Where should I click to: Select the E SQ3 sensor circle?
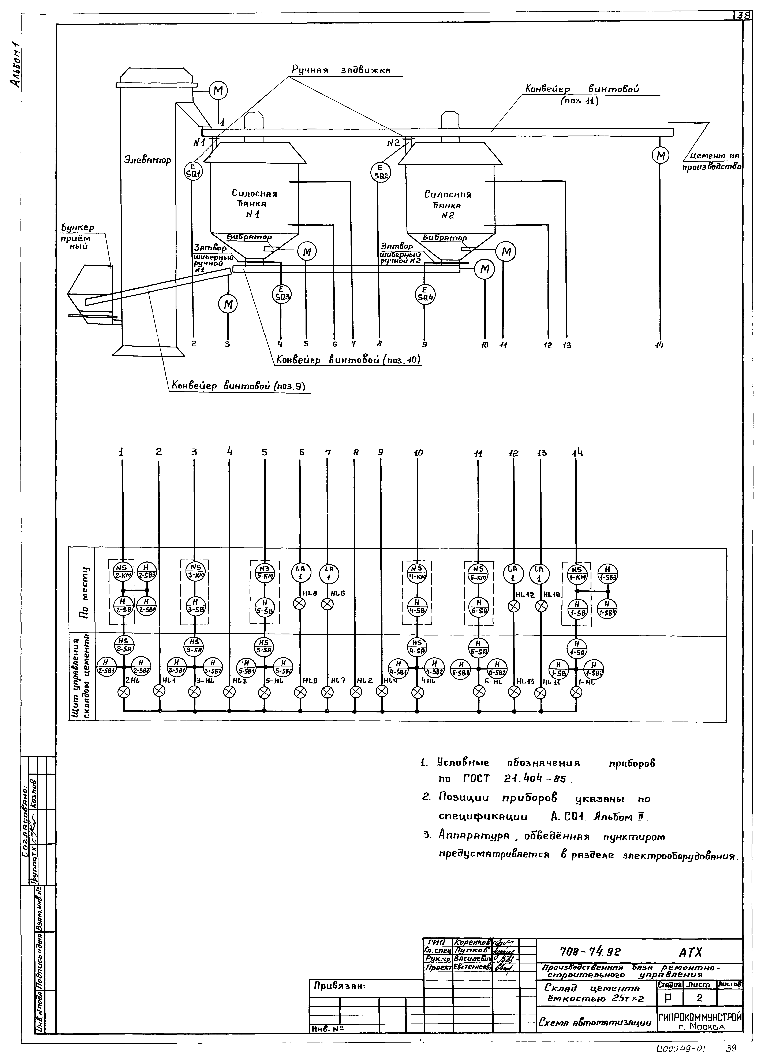pos(281,294)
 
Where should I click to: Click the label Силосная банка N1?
pos(254,204)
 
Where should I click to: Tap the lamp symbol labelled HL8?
pos(300,604)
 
